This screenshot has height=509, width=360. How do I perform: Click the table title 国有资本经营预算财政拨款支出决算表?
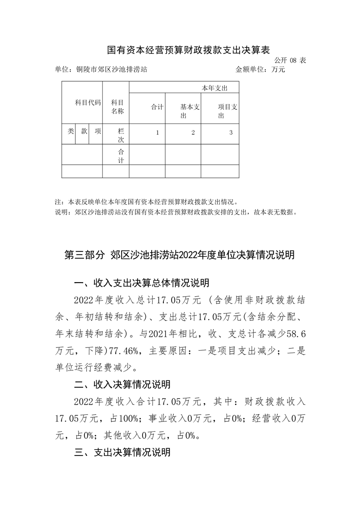click(x=180, y=49)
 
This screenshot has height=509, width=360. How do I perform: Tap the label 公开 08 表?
click(x=290, y=60)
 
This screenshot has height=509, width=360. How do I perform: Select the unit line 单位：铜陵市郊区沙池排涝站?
click(x=100, y=70)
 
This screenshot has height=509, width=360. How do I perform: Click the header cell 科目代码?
click(x=88, y=103)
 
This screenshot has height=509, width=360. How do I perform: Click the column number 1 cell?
click(x=157, y=133)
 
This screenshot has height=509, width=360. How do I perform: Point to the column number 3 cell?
click(x=231, y=133)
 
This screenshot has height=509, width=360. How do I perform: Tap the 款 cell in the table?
click(x=84, y=131)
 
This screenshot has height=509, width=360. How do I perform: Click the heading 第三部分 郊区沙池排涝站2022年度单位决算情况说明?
click(x=180, y=255)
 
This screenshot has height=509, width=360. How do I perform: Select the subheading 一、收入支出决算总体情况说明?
click(x=142, y=284)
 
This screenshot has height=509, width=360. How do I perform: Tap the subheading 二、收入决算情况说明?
click(x=123, y=385)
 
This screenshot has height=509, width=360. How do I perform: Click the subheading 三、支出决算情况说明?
click(x=123, y=452)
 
